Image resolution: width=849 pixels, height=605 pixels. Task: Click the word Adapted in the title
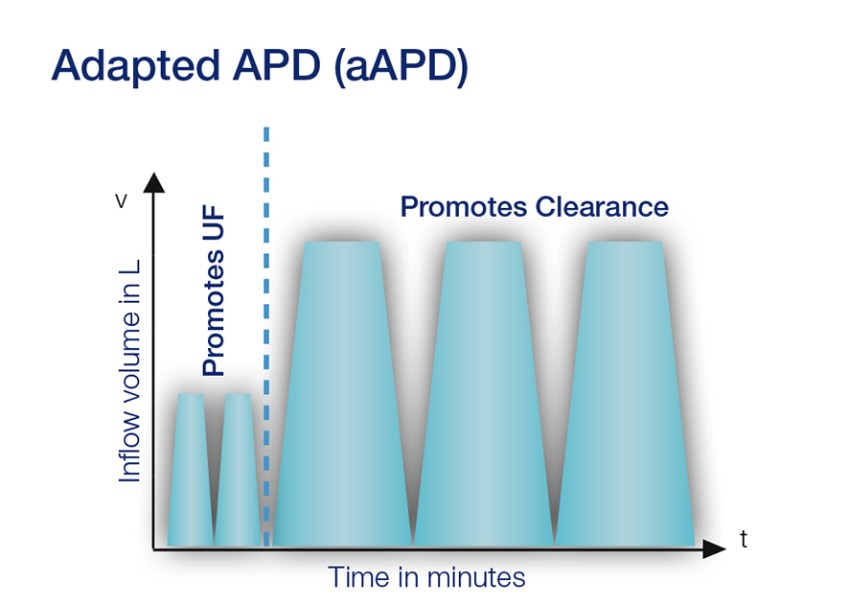[133, 67]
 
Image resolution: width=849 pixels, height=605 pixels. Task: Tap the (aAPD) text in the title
[402, 67]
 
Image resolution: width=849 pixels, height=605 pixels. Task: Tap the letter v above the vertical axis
[122, 201]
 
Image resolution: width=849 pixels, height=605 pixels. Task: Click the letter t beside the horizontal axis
[743, 540]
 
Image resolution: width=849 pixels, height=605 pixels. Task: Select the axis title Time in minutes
[426, 577]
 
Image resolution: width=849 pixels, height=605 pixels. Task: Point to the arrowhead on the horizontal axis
[714, 549]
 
